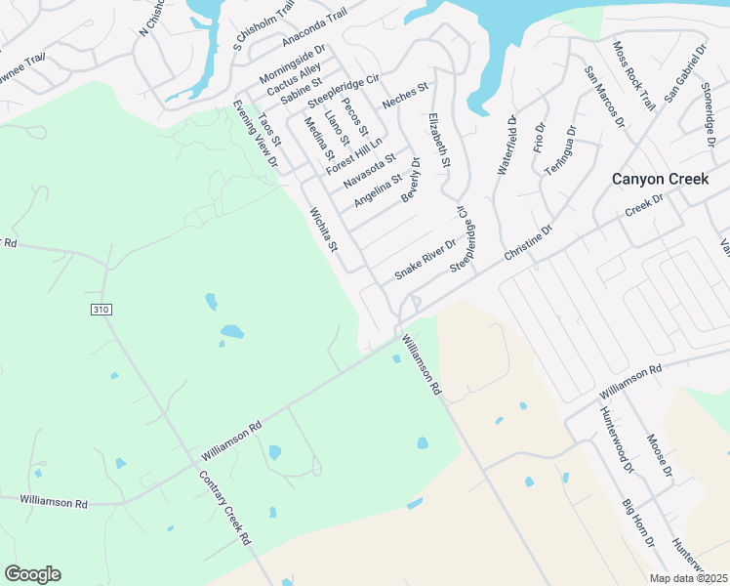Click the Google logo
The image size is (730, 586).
coord(32,574)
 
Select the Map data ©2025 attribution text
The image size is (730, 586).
coord(688,578)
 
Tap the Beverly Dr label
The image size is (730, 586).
coord(410,181)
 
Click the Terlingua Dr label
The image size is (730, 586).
coord(561,149)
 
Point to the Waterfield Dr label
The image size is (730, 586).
coord(505,145)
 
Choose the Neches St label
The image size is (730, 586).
coord(406,97)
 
